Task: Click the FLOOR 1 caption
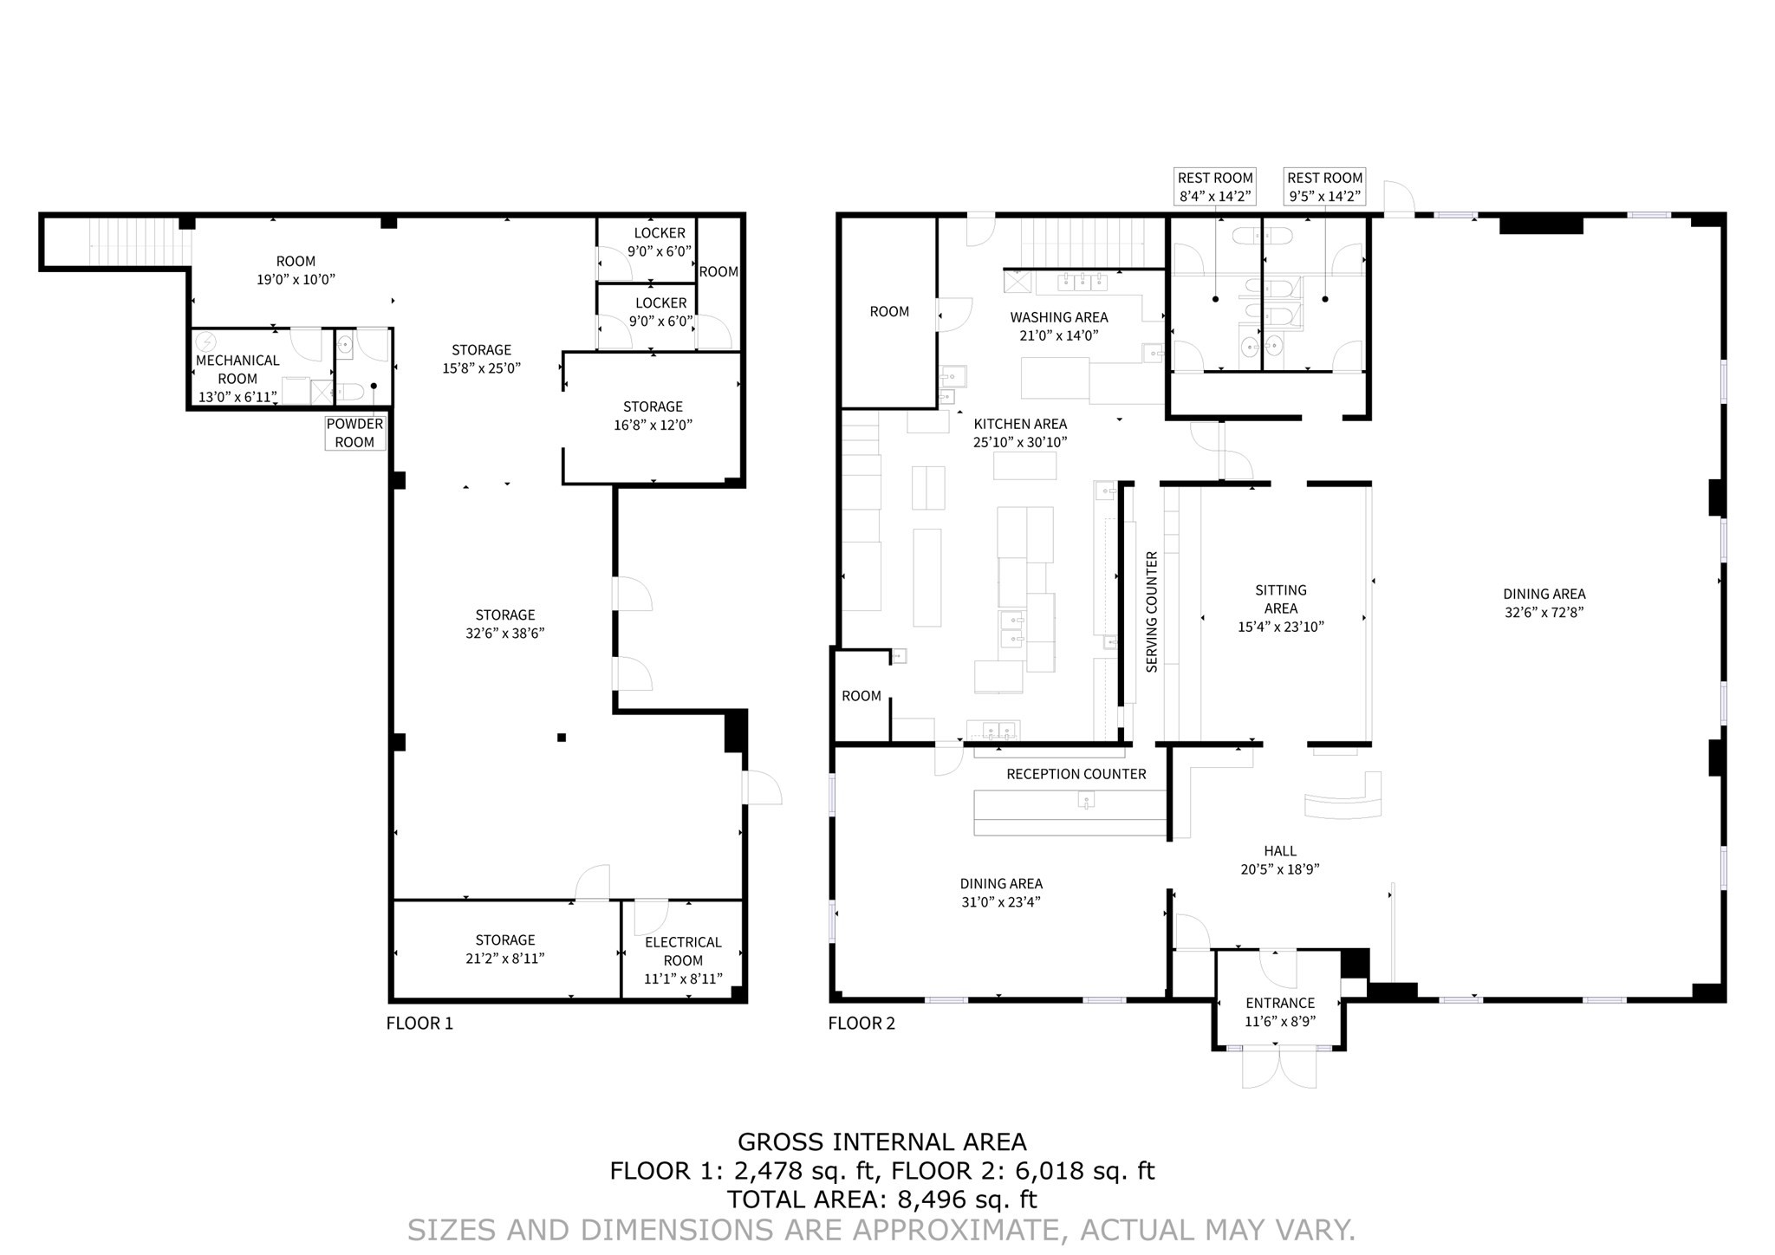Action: point(419,1023)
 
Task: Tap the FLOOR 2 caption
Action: point(861,1023)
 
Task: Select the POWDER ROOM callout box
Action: point(354,432)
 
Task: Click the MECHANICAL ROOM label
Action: point(237,369)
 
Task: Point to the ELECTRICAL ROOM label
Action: point(683,951)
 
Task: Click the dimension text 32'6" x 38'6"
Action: point(504,634)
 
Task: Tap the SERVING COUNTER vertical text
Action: point(1152,612)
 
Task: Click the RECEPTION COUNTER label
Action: point(1076,774)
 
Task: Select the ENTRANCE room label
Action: point(1280,1003)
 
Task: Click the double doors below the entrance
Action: point(1279,1070)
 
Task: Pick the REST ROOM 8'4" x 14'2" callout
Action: point(1214,186)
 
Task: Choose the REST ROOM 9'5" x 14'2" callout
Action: point(1324,186)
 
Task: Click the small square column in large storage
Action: point(562,738)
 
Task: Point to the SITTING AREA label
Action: point(1280,599)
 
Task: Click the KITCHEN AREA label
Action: point(1020,424)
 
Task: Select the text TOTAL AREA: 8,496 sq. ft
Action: point(881,1200)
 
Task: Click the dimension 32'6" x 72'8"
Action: point(1544,613)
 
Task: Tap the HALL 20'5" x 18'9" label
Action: point(1279,860)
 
